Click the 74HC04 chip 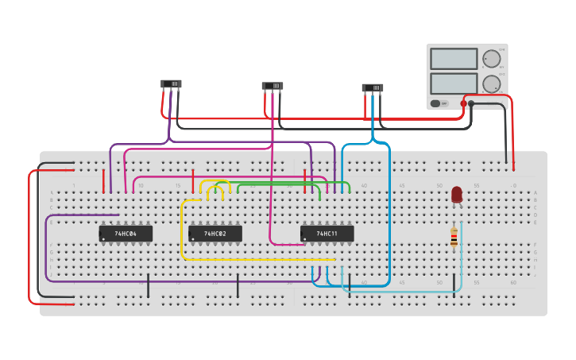click(x=126, y=234)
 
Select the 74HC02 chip click(x=215, y=234)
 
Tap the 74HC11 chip click(x=327, y=234)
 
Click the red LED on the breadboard click(x=457, y=195)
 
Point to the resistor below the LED click(x=454, y=237)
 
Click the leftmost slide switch click(x=171, y=83)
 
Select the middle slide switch click(x=273, y=86)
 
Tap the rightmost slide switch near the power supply click(x=372, y=87)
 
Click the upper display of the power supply click(x=454, y=59)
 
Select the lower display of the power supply click(x=454, y=83)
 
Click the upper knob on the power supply click(x=492, y=59)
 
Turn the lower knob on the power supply click(x=492, y=83)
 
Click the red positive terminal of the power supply click(x=463, y=103)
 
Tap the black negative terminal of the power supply click(x=471, y=103)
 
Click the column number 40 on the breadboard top click(x=364, y=185)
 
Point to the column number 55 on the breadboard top click(x=476, y=185)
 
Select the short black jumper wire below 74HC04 click(x=148, y=285)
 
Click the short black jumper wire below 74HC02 click(x=238, y=285)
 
